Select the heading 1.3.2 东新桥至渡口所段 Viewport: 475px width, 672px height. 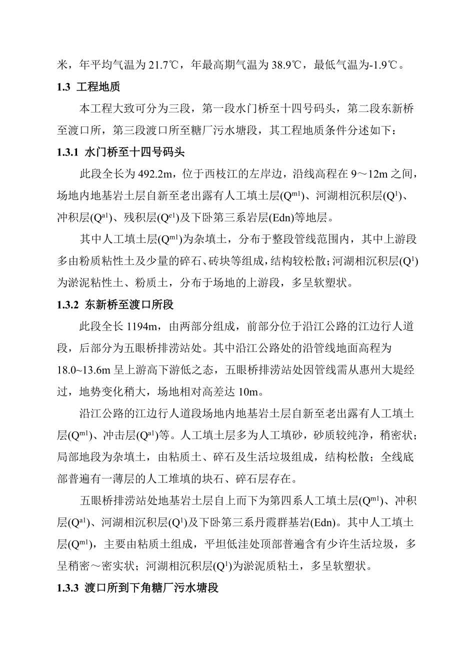pos(115,304)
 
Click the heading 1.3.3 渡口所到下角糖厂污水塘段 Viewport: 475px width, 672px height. pos(138,588)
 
